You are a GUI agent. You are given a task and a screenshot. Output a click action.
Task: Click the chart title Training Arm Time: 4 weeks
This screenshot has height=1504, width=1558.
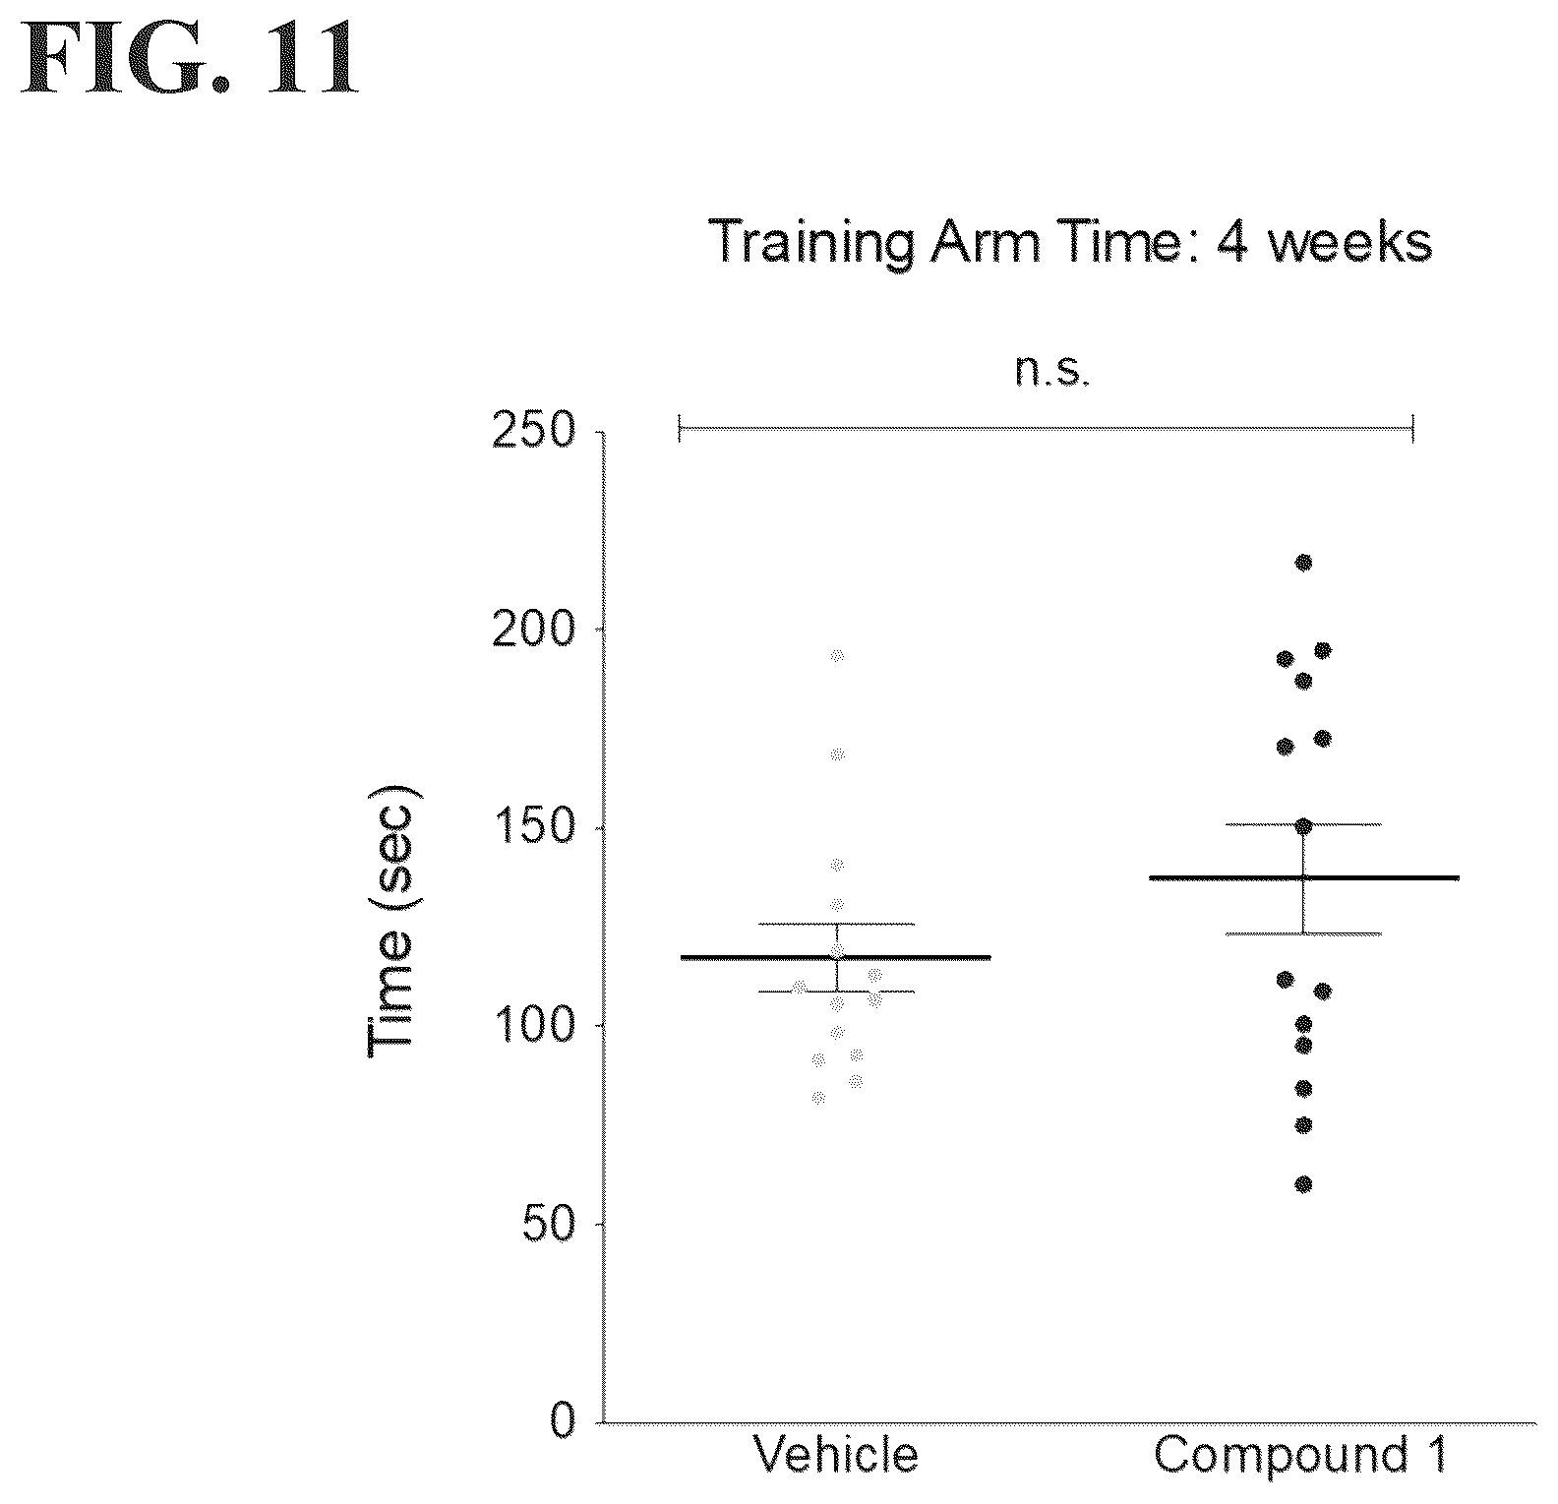[x=1069, y=242]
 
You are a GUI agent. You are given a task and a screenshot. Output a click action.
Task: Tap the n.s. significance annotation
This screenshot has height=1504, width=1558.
[x=1053, y=373]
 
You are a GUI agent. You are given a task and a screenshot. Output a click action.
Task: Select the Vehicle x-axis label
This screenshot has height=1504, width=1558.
[x=836, y=1455]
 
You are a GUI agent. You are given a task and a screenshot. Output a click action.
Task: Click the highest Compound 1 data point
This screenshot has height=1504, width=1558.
[x=1304, y=563]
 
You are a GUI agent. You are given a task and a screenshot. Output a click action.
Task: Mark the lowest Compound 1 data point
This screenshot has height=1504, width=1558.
[x=1304, y=1184]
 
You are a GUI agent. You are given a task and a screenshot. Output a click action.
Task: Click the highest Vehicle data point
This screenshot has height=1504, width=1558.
[x=837, y=655]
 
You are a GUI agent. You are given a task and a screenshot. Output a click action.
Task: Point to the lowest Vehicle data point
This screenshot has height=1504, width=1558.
[x=818, y=1098]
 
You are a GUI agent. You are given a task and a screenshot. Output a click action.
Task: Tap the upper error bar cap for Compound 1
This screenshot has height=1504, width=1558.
[x=1304, y=824]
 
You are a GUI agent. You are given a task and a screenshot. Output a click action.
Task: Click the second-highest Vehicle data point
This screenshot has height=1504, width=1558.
[x=837, y=754]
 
